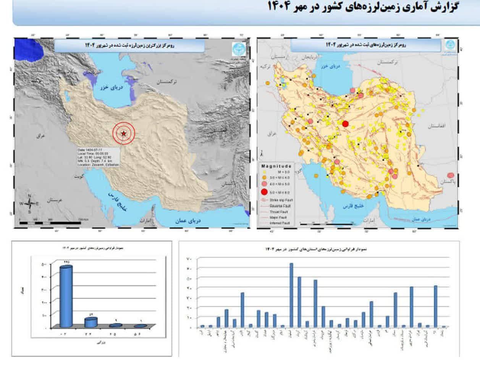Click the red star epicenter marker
(123, 133)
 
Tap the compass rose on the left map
(30, 204)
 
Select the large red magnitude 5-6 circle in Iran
(345, 124)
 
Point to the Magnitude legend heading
(276, 166)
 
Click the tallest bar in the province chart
(291, 295)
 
